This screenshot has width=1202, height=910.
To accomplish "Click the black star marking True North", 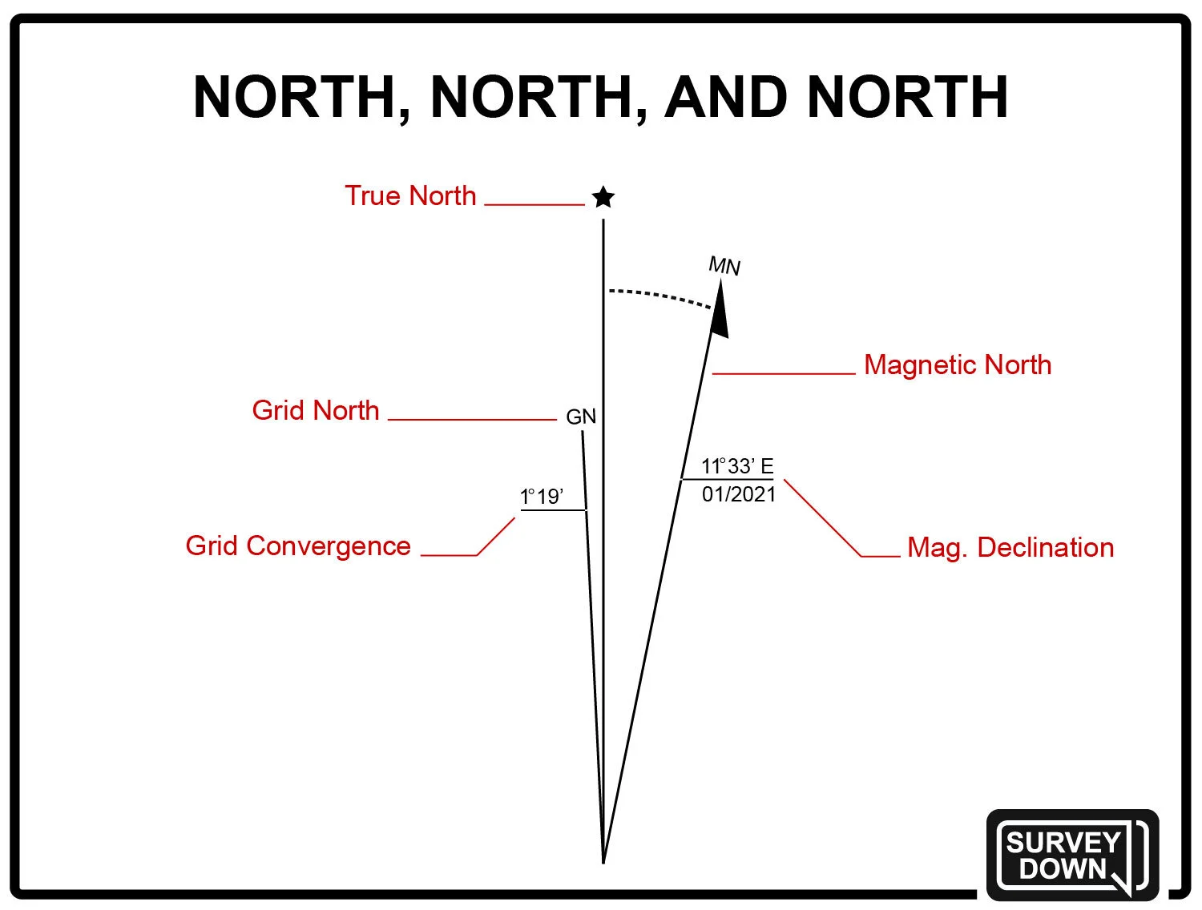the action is pyautogui.click(x=603, y=197).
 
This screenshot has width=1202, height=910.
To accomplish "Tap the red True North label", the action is pyautogui.click(x=410, y=196).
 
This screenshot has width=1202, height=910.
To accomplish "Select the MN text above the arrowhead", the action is pyautogui.click(x=724, y=266).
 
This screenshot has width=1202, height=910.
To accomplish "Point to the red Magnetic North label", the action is pyautogui.click(x=958, y=365).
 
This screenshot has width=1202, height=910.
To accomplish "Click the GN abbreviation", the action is pyautogui.click(x=581, y=417).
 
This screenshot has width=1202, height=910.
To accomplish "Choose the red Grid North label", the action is pyautogui.click(x=316, y=410).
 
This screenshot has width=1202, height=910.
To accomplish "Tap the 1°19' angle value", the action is pyautogui.click(x=542, y=497).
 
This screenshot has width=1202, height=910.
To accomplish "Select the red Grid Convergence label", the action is pyautogui.click(x=298, y=546).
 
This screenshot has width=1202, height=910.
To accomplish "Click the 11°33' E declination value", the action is pyautogui.click(x=737, y=466).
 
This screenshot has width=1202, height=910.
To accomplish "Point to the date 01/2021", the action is pyautogui.click(x=739, y=494).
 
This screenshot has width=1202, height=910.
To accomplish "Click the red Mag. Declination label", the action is pyautogui.click(x=1010, y=548).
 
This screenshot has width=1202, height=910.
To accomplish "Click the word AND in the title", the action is pyautogui.click(x=725, y=98).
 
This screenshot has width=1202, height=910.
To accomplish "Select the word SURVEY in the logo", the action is pyautogui.click(x=1063, y=843).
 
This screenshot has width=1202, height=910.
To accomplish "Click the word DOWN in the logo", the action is pyautogui.click(x=1063, y=869).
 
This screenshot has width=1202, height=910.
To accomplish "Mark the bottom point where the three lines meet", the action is pyautogui.click(x=603, y=861).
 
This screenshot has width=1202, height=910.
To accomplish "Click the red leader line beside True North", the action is pyautogui.click(x=534, y=205).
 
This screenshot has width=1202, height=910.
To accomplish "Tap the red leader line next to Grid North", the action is pyautogui.click(x=472, y=419).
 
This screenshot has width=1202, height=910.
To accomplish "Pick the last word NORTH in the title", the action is pyautogui.click(x=907, y=98).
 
